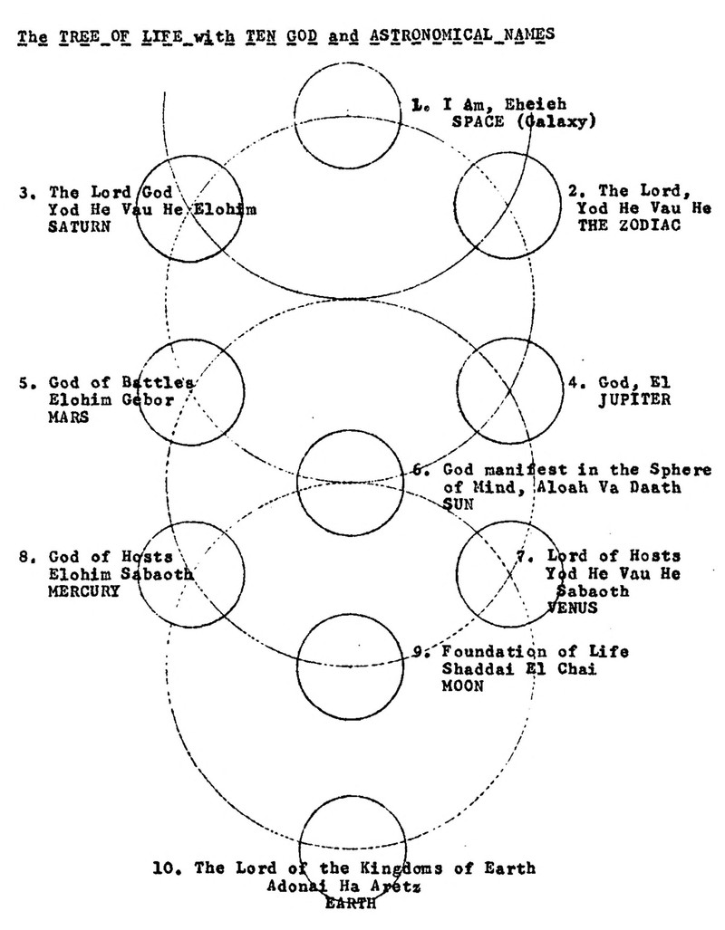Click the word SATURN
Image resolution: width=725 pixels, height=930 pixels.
tap(79, 227)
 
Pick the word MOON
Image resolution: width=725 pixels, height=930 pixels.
tap(462, 686)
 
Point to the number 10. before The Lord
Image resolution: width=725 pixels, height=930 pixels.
tap(169, 868)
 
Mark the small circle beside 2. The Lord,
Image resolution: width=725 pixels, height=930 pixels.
tap(505, 206)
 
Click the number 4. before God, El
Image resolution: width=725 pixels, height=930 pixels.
tap(577, 381)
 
